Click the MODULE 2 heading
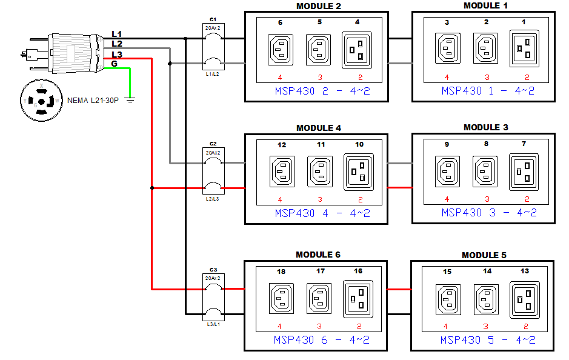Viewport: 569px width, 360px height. pyautogui.click(x=318, y=6)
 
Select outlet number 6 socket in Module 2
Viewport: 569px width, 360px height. pyautogui.click(x=280, y=47)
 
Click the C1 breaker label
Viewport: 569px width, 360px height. pyautogui.click(x=213, y=19)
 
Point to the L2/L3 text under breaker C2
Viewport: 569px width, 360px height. pyautogui.click(x=213, y=199)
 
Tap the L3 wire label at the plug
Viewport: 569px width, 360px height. pyautogui.click(x=117, y=55)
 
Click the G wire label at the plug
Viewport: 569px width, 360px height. pyautogui.click(x=115, y=64)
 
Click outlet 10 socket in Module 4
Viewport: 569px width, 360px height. pyautogui.click(x=359, y=170)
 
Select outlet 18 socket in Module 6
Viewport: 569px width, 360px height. pyautogui.click(x=281, y=298)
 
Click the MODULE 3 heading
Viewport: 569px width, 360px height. pyautogui.click(x=485, y=127)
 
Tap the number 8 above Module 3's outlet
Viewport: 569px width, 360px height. pyautogui.click(x=486, y=145)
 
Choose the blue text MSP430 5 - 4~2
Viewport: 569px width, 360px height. pyautogui.click(x=488, y=340)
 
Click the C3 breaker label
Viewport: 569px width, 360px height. pyautogui.click(x=213, y=269)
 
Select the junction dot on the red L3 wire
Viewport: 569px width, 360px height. pyautogui.click(x=151, y=188)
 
